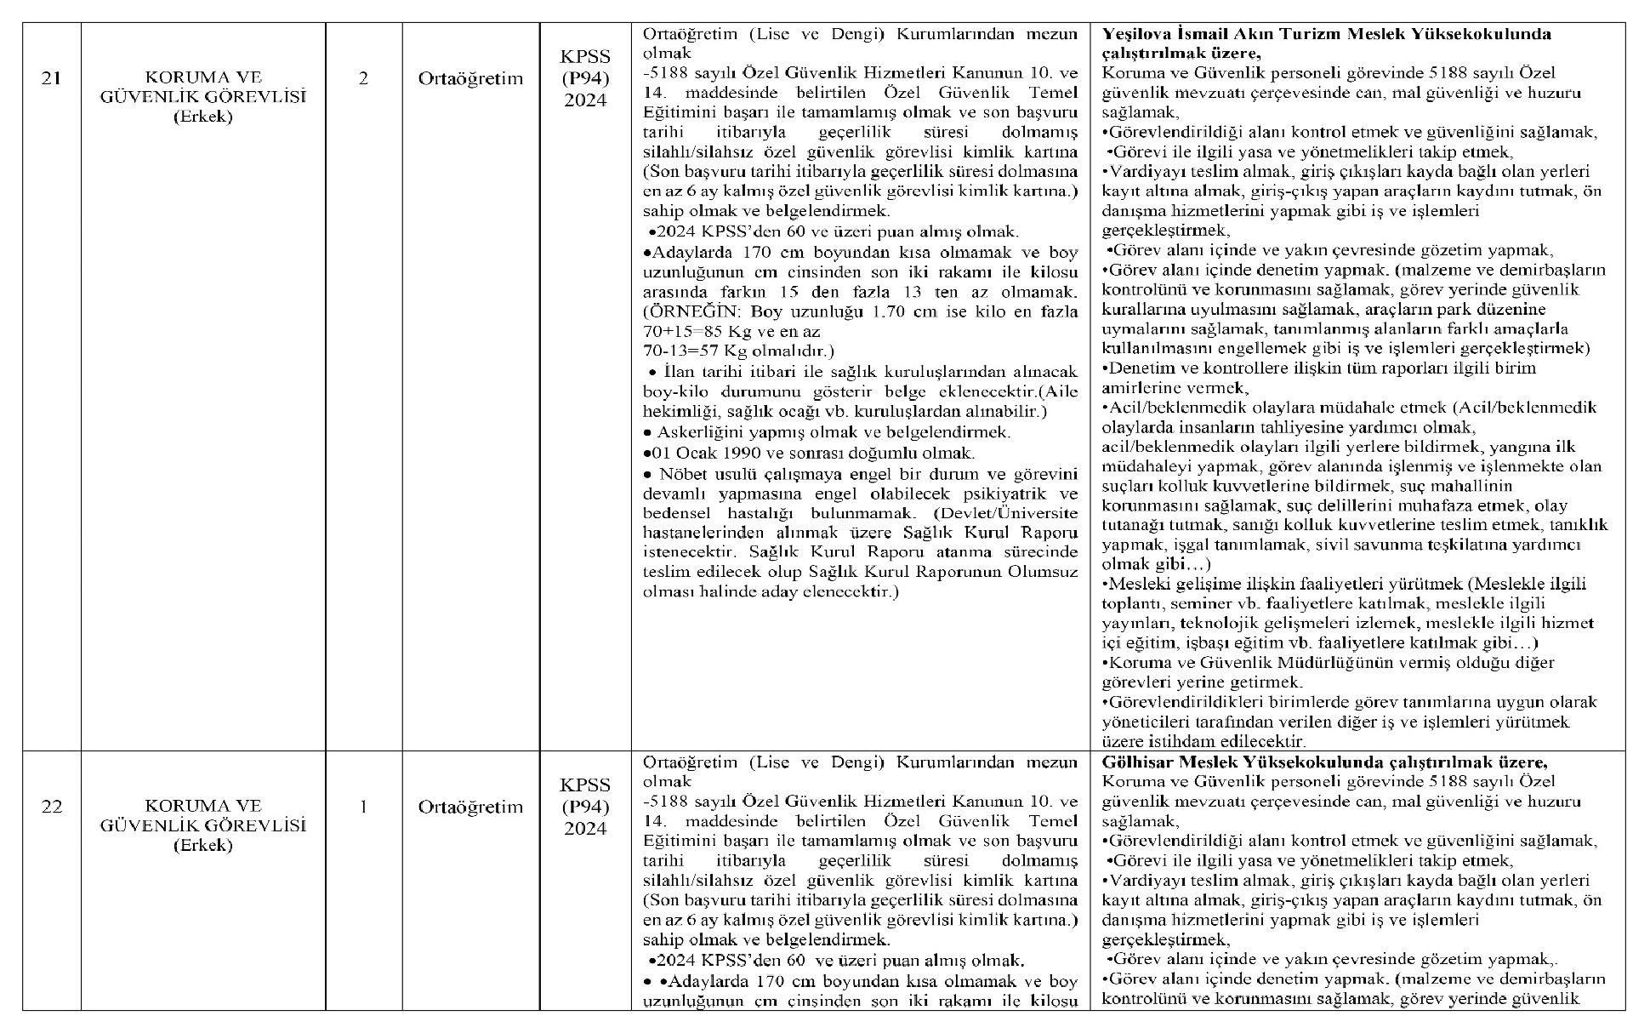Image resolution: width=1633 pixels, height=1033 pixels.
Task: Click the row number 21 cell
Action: pos(51,79)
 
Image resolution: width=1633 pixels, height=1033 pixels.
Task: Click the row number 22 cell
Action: pos(51,807)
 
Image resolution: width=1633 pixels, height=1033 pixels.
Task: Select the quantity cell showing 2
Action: pos(363,79)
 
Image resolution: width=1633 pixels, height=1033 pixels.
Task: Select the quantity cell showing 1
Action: pos(363,807)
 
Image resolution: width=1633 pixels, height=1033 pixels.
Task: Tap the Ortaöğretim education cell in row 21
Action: pos(470,79)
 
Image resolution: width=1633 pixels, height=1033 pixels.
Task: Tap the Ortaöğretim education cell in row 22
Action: pos(470,807)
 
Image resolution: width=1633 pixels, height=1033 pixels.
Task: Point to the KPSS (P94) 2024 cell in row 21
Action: pos(585,79)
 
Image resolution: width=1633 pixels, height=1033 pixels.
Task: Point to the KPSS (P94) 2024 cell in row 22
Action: pos(585,807)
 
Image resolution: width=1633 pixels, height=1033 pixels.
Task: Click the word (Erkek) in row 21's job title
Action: pos(202,117)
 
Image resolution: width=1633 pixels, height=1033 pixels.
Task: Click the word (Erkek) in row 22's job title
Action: pos(202,845)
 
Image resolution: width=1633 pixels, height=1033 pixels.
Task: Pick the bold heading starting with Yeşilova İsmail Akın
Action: pos(1326,34)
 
